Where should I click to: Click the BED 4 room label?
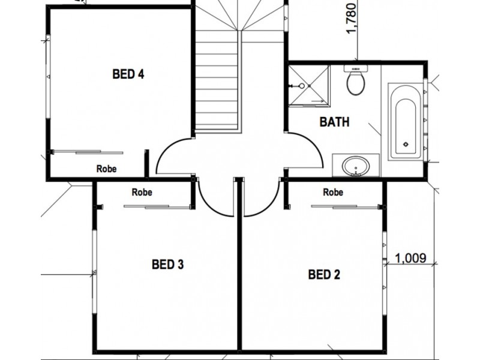(x=128, y=74)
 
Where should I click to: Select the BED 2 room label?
(x=324, y=275)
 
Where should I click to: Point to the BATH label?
(x=334, y=122)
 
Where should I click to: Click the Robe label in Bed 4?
(x=106, y=169)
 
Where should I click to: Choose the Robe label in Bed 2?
(x=333, y=193)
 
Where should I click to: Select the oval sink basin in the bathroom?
(x=356, y=164)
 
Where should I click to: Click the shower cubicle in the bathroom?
(x=308, y=86)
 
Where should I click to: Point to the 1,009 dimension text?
(x=410, y=259)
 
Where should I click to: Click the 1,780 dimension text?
(x=352, y=18)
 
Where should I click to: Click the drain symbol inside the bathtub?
(x=406, y=144)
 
